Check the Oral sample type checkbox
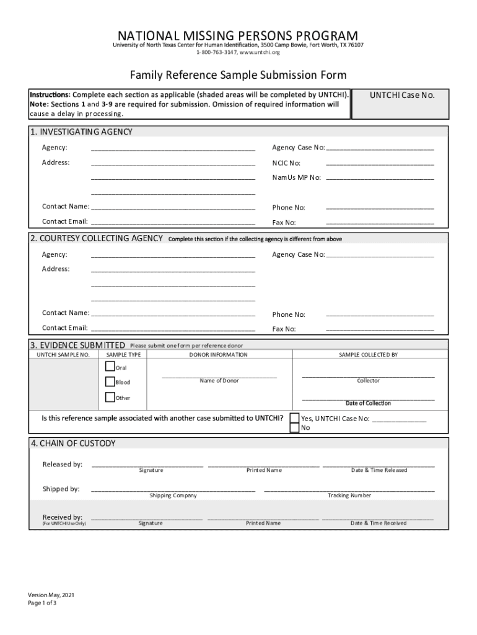click(110, 367)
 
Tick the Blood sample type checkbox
click(110, 382)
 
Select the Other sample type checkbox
click(110, 397)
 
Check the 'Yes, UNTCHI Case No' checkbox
click(295, 418)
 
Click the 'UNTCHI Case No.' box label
click(402, 95)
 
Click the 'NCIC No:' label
click(286, 163)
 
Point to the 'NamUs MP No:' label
click(297, 177)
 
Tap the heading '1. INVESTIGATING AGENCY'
click(81, 132)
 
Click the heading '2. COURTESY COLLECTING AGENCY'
click(97, 239)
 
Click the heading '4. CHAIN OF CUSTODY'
click(73, 444)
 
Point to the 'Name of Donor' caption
click(219, 381)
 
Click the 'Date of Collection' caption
click(368, 403)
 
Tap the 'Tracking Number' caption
click(349, 495)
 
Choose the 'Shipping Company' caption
click(173, 495)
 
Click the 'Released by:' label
click(62, 464)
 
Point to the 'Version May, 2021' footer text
click(56, 595)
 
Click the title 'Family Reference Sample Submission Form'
click(238, 76)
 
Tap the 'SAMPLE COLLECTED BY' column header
click(368, 355)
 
